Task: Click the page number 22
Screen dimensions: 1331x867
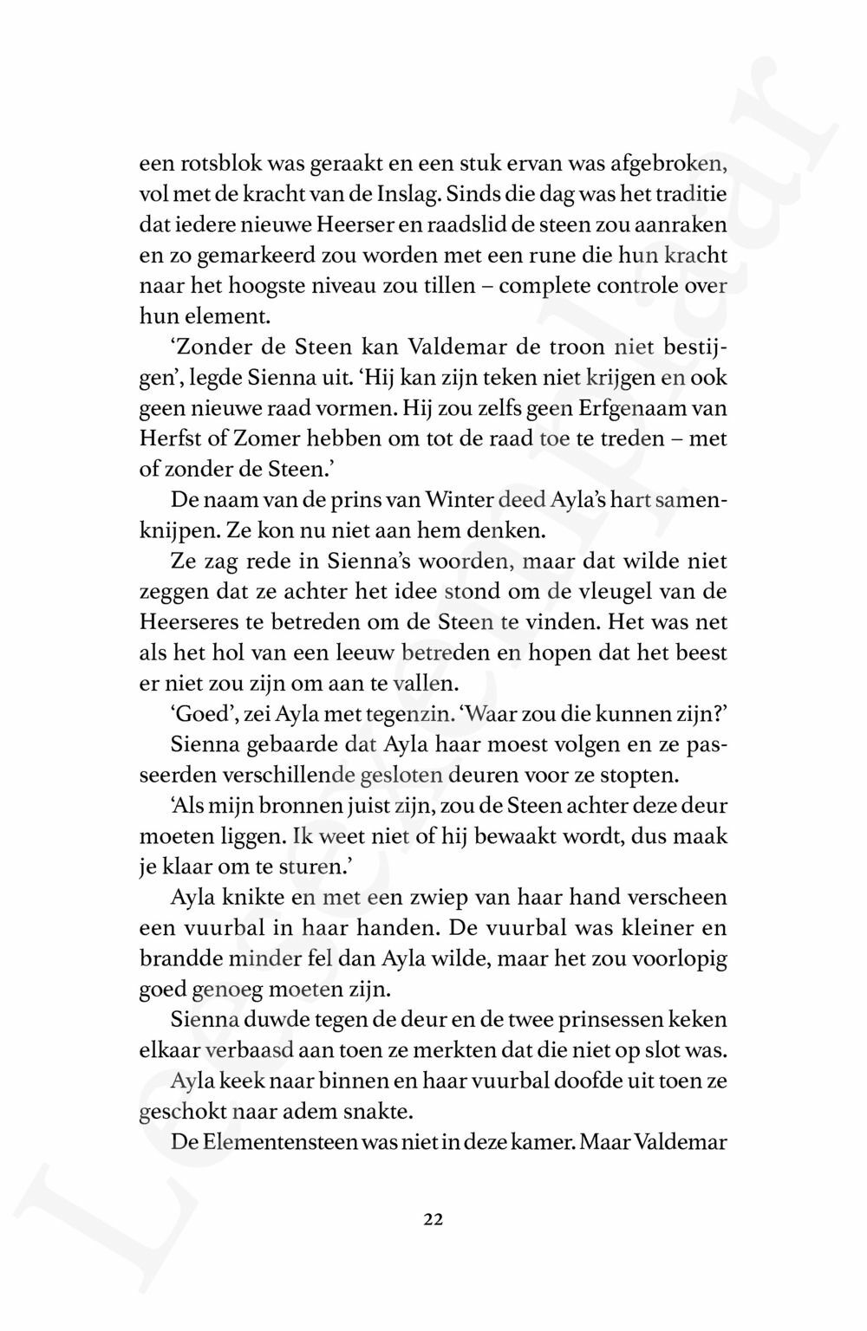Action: tap(433, 1219)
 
